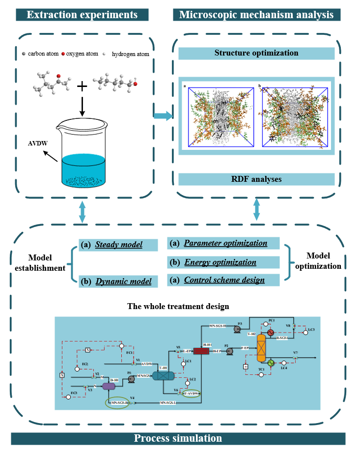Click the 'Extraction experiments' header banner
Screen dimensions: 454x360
click(82, 14)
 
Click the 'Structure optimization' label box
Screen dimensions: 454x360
click(256, 53)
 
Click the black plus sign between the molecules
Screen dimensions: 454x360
click(82, 86)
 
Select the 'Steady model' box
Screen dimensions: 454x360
click(118, 245)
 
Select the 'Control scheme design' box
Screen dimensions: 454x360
click(223, 280)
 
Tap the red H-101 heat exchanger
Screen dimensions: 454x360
click(201, 350)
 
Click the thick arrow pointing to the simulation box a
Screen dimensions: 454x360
click(162, 116)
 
